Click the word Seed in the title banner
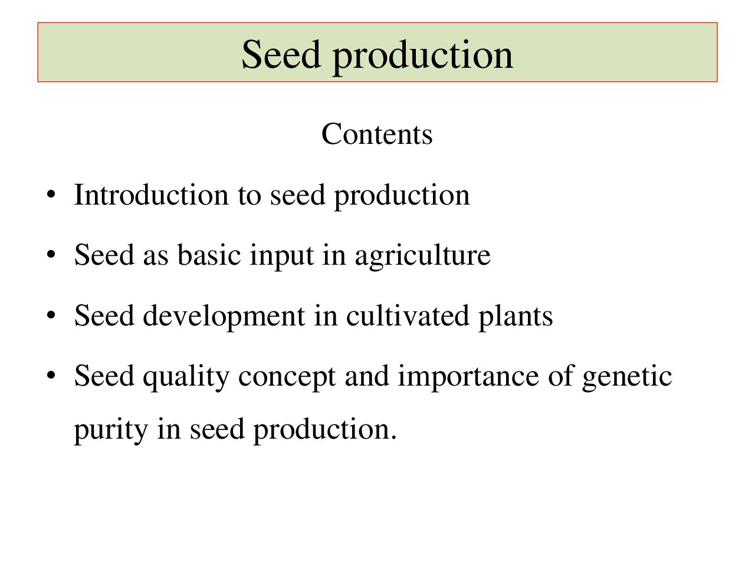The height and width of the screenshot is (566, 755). (281, 54)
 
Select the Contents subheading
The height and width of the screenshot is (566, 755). (377, 134)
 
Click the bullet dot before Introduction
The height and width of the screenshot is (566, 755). (51, 195)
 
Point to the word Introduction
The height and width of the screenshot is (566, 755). (152, 195)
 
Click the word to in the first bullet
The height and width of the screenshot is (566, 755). (250, 196)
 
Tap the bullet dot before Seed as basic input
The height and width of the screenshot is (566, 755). (51, 255)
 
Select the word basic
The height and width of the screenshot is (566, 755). (209, 255)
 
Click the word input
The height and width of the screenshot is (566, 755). (282, 257)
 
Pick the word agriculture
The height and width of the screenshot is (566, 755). (423, 257)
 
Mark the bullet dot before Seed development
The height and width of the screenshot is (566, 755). (51, 315)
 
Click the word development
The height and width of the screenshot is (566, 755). (224, 318)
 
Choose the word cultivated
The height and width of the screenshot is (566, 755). (408, 315)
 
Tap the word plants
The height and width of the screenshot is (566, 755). (516, 318)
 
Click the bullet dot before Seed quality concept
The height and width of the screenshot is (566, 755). (51, 376)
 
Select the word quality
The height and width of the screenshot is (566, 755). (186, 378)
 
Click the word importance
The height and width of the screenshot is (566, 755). (468, 378)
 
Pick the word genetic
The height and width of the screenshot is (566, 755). (627, 378)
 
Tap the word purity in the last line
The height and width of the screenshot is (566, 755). (111, 431)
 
